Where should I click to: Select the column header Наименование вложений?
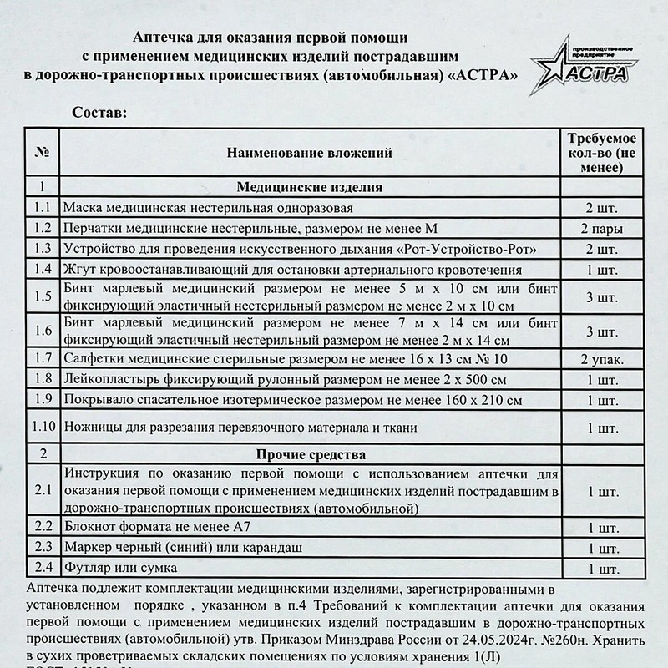pos(309,153)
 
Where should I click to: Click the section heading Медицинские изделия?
pos(309,187)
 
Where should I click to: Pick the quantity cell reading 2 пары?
pos(602,229)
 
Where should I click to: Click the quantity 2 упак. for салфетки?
pos(602,360)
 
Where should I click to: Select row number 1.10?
pos(42,427)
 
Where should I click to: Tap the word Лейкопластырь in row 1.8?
pos(109,380)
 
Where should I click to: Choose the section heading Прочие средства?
pos(309,455)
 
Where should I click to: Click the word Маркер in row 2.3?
pos(88,548)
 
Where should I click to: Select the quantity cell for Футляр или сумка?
pos(602,569)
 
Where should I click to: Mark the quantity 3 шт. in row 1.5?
pos(602,296)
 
